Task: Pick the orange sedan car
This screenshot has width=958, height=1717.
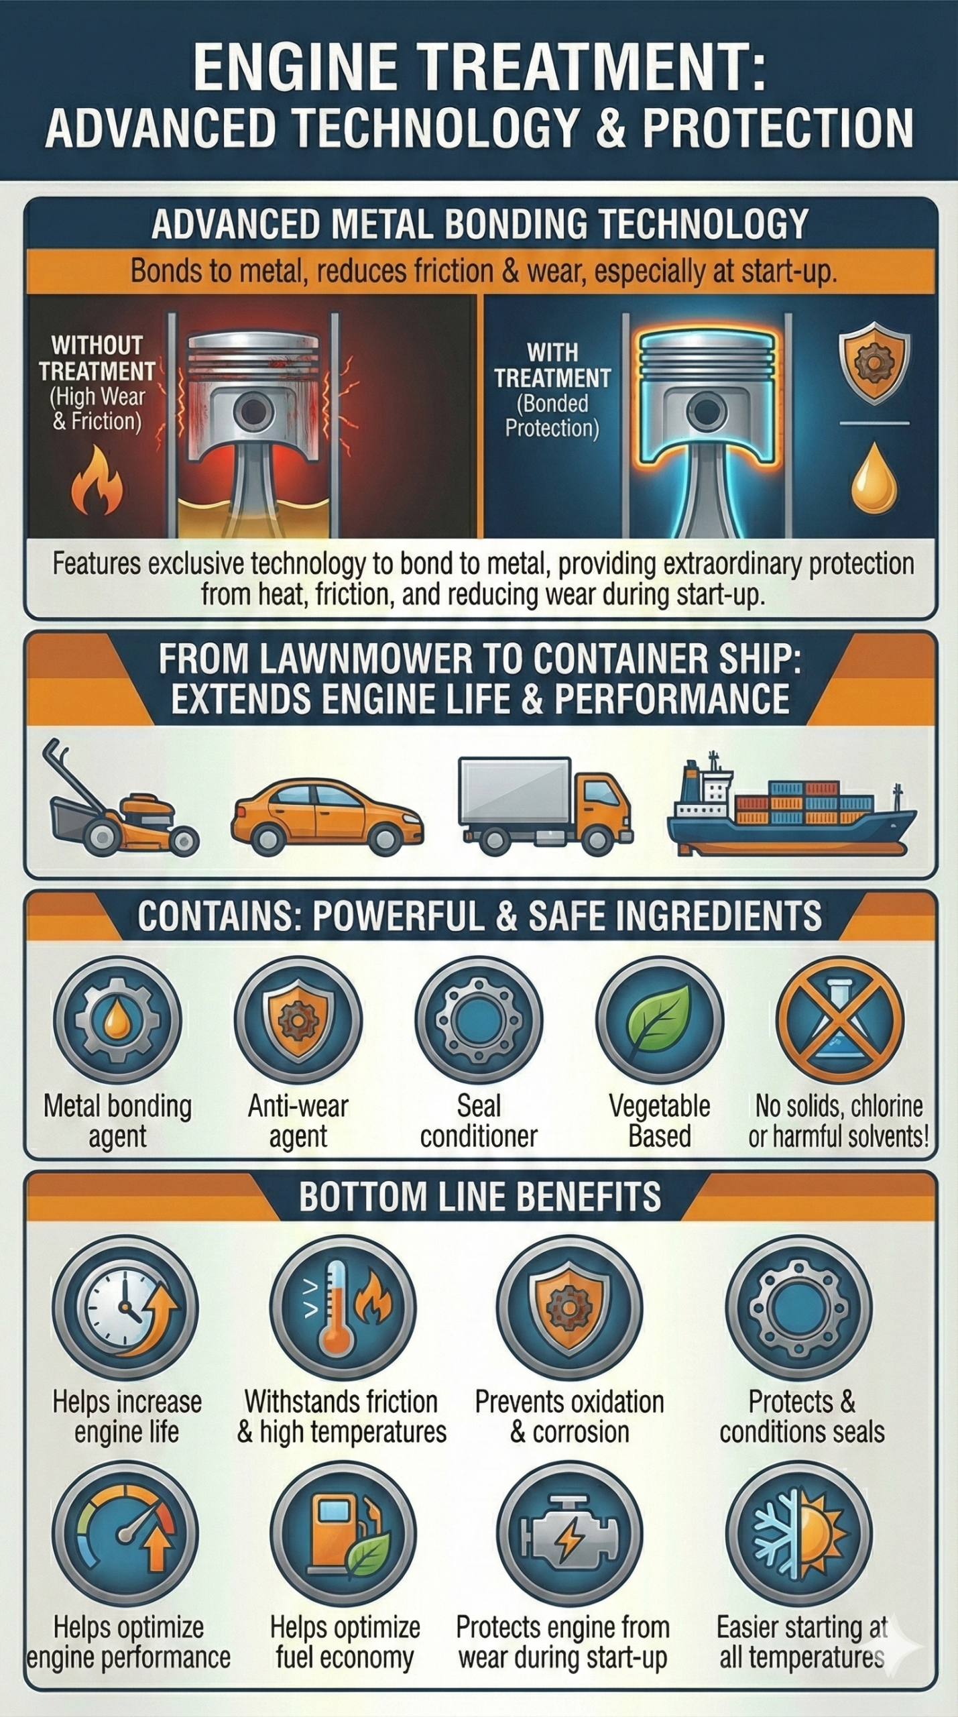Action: pyautogui.click(x=327, y=814)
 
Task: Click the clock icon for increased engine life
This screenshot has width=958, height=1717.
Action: pyautogui.click(x=125, y=1309)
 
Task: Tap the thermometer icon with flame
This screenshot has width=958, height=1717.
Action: pyautogui.click(x=343, y=1309)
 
